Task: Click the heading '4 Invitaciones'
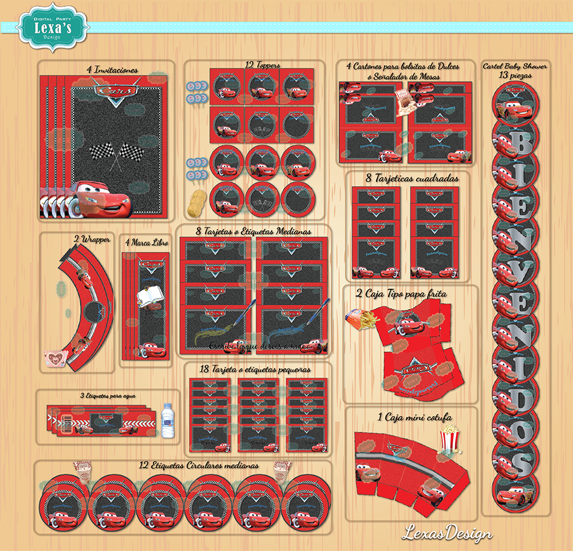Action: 113,70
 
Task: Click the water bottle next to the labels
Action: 167,420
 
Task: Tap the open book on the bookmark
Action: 148,296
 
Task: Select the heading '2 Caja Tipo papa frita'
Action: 409,293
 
